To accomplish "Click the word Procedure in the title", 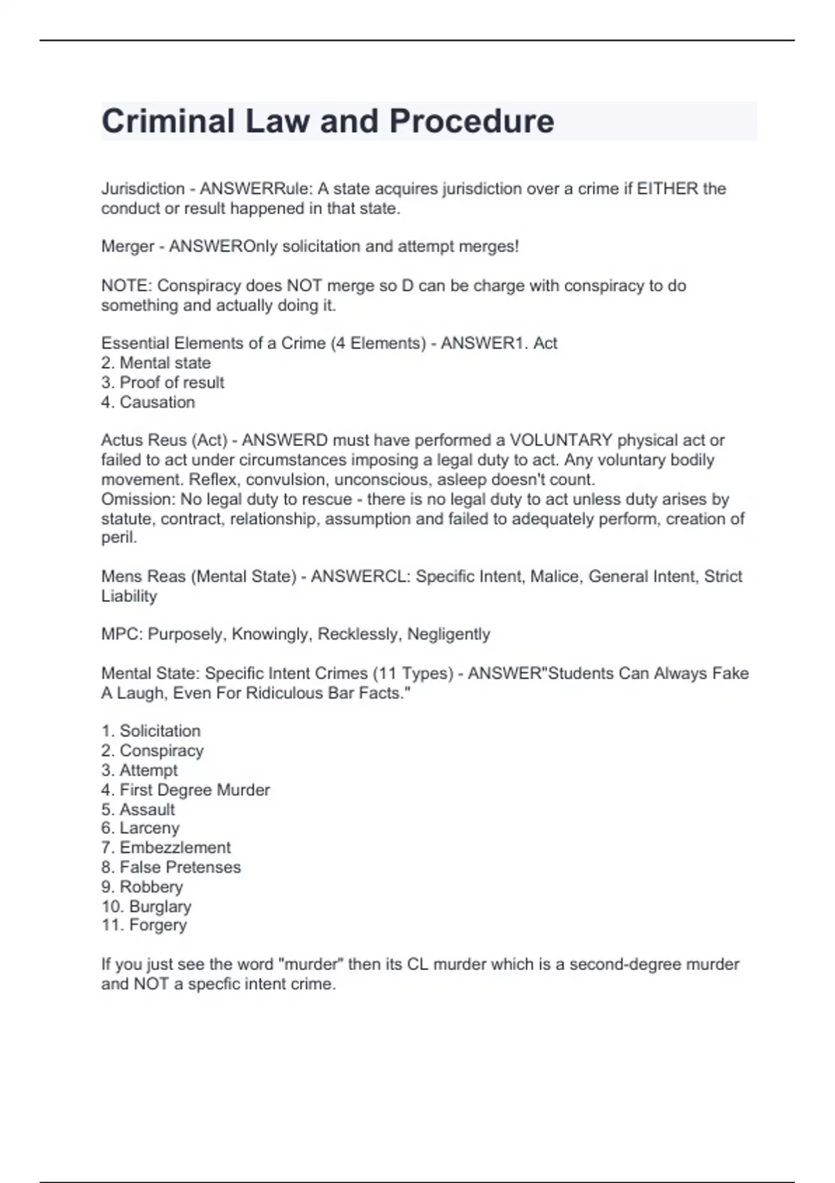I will (x=471, y=121).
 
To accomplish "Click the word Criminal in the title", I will (x=168, y=121).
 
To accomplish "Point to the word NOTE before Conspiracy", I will (x=126, y=286).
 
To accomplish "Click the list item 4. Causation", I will (x=148, y=402).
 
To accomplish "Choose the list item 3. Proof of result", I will (x=163, y=383).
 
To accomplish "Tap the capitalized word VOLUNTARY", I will (x=561, y=440).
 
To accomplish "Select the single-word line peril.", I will (x=119, y=538).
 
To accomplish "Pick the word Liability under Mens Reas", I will (x=129, y=596).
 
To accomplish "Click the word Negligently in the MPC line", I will (x=448, y=635).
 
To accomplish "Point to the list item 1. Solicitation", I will (x=151, y=731).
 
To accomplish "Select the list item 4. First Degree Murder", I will (x=186, y=791).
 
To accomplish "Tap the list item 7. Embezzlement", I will (x=166, y=848).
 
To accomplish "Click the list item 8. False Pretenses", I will (x=171, y=868).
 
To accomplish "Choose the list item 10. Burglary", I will (x=146, y=907).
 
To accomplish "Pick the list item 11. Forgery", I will (x=144, y=926).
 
